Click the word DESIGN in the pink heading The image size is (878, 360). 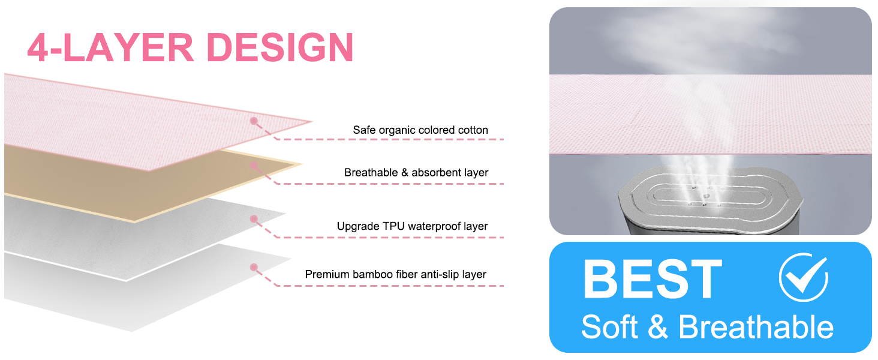point(280,47)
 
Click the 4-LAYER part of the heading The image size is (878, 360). point(110,47)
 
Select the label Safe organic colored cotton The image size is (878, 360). point(420,130)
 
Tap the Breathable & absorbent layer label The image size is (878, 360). point(416,173)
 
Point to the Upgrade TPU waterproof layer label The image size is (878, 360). point(413,226)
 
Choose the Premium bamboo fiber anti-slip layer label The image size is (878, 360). point(395,274)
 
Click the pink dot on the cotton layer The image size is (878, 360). point(254,121)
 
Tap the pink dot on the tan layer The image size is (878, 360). point(254,166)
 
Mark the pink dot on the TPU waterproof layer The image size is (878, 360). point(254,219)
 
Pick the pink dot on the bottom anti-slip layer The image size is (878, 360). point(254,268)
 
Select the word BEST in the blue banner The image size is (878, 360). point(653,279)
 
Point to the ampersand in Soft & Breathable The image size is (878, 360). point(658,327)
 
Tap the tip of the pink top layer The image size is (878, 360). point(312,122)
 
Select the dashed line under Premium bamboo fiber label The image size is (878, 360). point(390,286)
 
